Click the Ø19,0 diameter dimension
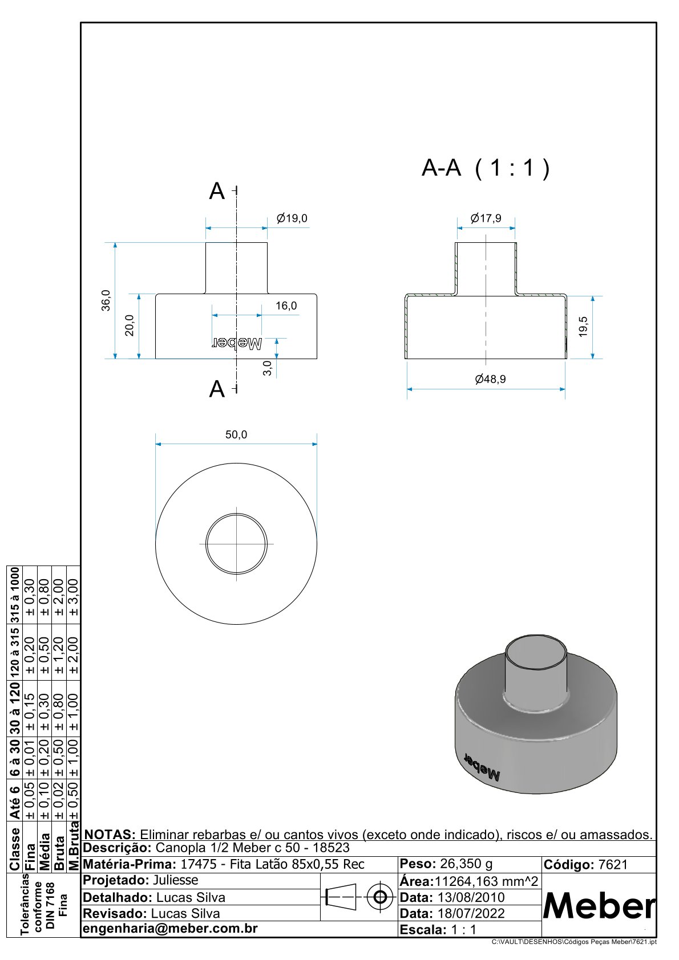[292, 218]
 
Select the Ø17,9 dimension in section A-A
[486, 218]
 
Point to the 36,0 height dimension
[106, 300]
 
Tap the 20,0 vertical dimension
[130, 326]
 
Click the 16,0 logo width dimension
[286, 306]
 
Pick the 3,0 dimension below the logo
[268, 368]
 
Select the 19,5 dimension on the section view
[583, 327]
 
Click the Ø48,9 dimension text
[490, 379]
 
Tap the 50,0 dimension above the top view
[236, 434]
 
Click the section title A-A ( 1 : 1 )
[486, 168]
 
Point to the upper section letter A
[217, 192]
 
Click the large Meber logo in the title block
[599, 906]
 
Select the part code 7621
[613, 865]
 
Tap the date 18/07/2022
[471, 913]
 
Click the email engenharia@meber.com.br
[170, 929]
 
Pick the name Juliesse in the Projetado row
[175, 880]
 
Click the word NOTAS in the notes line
[110, 835]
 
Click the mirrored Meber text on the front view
[237, 343]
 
